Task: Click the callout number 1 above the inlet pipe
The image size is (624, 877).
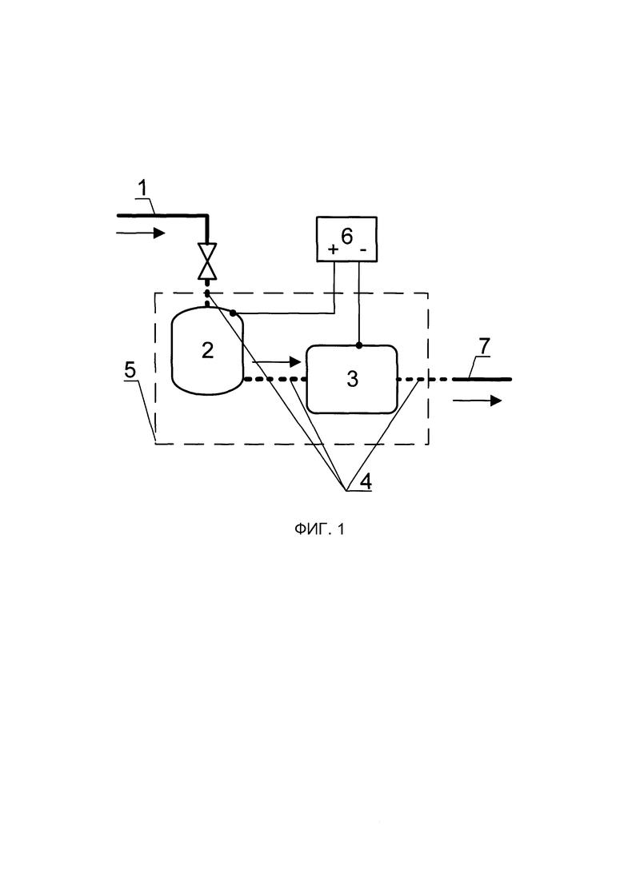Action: [x=143, y=188]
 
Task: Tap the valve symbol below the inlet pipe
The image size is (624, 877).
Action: [x=208, y=261]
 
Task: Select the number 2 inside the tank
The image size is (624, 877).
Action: [x=207, y=350]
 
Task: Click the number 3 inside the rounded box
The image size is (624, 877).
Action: [x=352, y=379]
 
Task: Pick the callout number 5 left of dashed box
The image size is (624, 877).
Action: [x=130, y=369]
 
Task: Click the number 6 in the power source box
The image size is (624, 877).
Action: [x=347, y=236]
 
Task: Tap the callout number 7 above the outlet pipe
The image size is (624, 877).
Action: [x=484, y=346]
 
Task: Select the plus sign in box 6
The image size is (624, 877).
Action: [x=333, y=249]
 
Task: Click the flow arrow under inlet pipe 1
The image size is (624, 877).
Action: [x=141, y=233]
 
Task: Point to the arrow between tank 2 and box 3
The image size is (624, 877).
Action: [x=277, y=362]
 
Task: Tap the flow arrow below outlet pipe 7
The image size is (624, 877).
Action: [x=478, y=400]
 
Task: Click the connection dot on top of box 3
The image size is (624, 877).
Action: [x=358, y=345]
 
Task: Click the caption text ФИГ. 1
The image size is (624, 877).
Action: [x=319, y=528]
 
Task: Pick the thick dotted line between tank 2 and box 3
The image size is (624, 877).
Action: [x=274, y=379]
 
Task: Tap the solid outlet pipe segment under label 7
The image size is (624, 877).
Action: [x=482, y=379]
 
